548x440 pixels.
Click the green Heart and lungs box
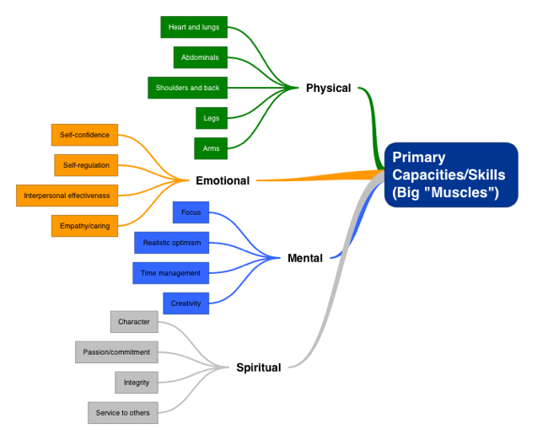tap(194, 27)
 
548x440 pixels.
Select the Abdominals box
tap(200, 57)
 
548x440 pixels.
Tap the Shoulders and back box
tap(187, 88)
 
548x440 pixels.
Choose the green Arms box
tap(211, 148)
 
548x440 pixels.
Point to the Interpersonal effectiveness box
tap(67, 196)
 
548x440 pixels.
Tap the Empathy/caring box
tap(84, 226)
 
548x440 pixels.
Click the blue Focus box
tap(191, 212)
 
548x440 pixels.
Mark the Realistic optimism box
tap(171, 243)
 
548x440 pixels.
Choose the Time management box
tap(171, 273)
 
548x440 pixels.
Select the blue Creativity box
tap(185, 303)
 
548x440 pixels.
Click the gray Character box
tap(134, 322)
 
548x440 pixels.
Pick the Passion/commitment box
tap(116, 352)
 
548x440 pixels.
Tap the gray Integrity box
tap(137, 383)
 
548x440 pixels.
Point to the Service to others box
tap(122, 413)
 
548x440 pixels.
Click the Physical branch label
tap(328, 88)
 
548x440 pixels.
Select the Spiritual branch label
tap(258, 368)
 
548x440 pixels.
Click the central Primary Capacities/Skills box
tap(451, 174)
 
